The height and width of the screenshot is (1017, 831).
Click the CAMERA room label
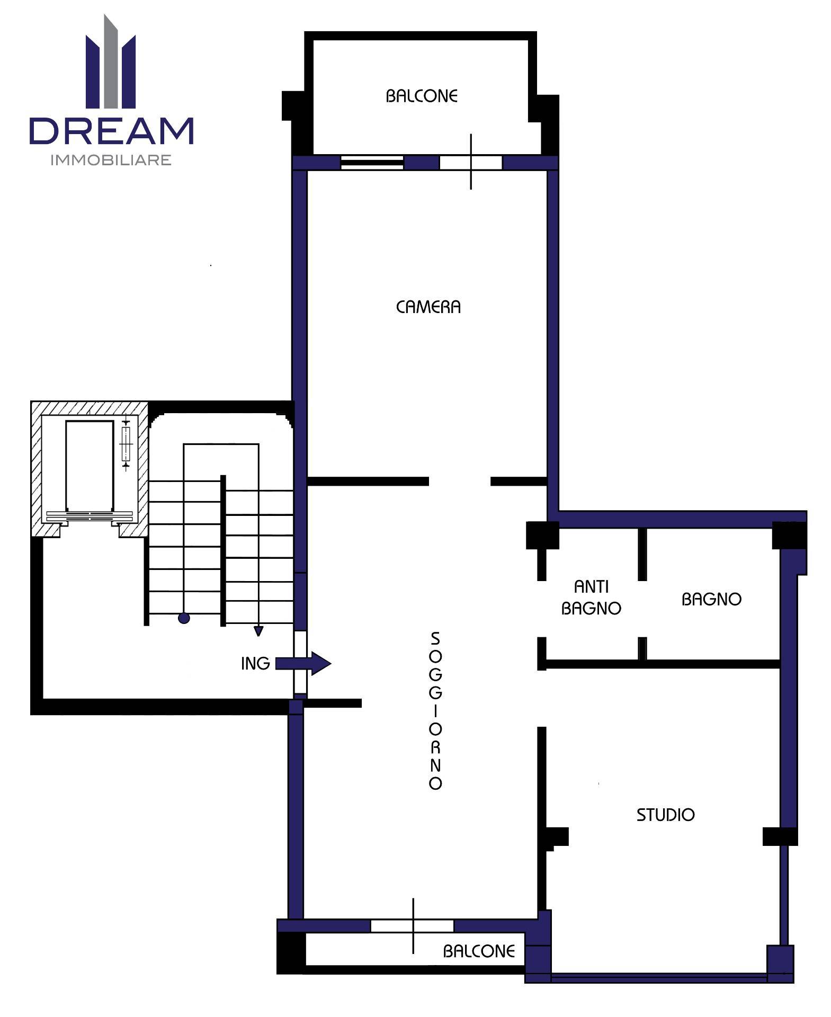click(428, 307)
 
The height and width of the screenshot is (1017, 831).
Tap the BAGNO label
click(711, 599)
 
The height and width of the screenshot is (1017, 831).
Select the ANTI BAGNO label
click(591, 597)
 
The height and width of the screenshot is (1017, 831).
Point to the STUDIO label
click(665, 815)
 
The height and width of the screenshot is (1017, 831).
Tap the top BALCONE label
click(422, 96)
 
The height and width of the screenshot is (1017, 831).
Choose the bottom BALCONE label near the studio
click(479, 951)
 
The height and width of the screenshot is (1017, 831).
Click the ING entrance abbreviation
click(255, 663)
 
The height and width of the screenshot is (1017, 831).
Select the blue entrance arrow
click(303, 663)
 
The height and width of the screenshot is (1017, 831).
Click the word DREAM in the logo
click(112, 131)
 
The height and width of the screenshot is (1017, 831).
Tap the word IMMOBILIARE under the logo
click(111, 160)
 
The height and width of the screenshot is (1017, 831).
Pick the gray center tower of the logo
click(111, 61)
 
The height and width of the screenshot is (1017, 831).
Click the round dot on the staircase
click(184, 618)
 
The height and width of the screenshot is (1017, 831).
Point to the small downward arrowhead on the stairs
click(258, 631)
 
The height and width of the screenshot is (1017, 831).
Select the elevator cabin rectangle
click(90, 466)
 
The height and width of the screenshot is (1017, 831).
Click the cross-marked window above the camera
click(471, 162)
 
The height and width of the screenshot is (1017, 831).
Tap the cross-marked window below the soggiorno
click(413, 925)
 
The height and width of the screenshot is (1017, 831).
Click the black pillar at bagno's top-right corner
click(789, 536)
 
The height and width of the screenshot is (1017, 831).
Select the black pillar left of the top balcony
click(293, 105)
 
